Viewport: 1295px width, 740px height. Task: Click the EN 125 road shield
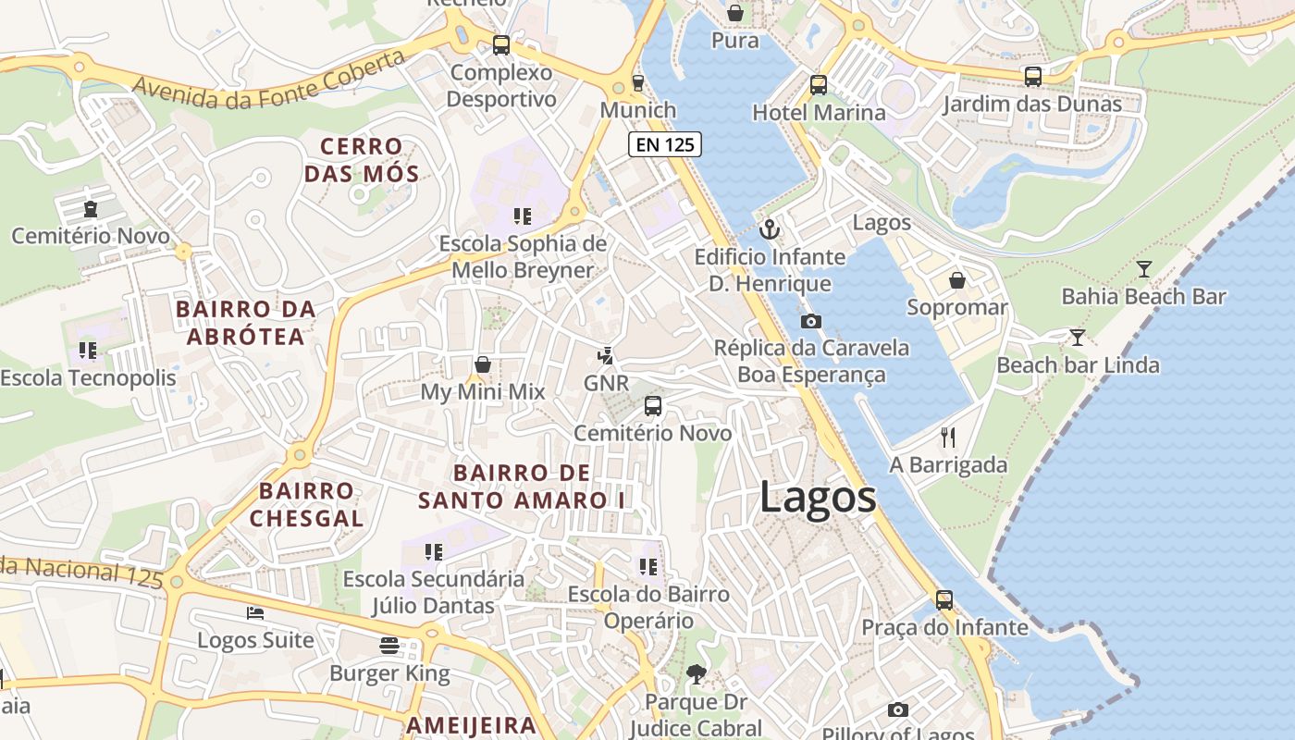tap(664, 144)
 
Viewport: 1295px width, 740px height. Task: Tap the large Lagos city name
tap(818, 498)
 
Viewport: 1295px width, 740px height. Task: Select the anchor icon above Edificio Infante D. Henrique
tap(769, 228)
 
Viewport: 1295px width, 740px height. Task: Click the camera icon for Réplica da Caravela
tap(811, 321)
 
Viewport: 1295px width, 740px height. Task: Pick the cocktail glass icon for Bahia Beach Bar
tap(1144, 269)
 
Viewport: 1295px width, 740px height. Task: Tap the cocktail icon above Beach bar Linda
tap(1077, 337)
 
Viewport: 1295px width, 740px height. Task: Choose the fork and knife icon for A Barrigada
tap(948, 437)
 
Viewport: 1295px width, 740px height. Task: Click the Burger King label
tap(389, 673)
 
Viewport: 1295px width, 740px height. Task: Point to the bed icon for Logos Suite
tap(255, 612)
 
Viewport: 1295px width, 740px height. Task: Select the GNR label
tap(606, 383)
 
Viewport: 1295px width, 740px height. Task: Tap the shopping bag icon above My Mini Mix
tap(482, 364)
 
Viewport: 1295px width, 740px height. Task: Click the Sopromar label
tap(956, 307)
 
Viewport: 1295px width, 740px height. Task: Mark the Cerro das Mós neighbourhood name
tap(362, 160)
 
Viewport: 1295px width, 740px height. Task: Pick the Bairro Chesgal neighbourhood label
tap(306, 504)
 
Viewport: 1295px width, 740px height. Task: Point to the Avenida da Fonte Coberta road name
tap(269, 80)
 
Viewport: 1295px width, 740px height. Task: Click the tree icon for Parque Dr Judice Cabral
tap(696, 674)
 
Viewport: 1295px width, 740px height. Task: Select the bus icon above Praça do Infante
tap(943, 599)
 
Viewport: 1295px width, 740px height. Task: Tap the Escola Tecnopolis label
tap(88, 377)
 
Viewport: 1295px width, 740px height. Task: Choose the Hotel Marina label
tap(819, 113)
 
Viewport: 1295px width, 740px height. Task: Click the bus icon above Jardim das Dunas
tap(1032, 77)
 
